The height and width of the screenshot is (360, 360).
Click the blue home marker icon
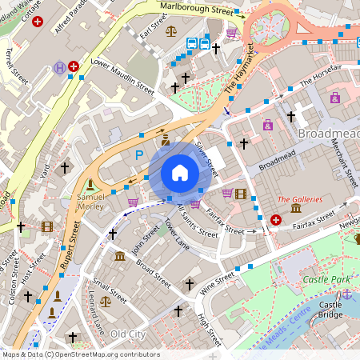[180, 173]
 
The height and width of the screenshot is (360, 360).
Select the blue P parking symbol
[139, 155]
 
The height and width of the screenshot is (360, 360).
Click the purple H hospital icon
[59, 68]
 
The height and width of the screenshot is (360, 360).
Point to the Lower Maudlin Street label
[122, 73]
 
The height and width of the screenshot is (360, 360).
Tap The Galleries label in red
[300, 199]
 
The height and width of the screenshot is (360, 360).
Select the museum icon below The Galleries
[296, 210]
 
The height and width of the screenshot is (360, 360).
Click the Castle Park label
[328, 279]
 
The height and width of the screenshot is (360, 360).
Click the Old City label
[128, 333]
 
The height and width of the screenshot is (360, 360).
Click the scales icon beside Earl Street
[170, 31]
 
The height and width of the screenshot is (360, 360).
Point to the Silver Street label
[206, 158]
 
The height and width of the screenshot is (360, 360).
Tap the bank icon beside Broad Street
[119, 256]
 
